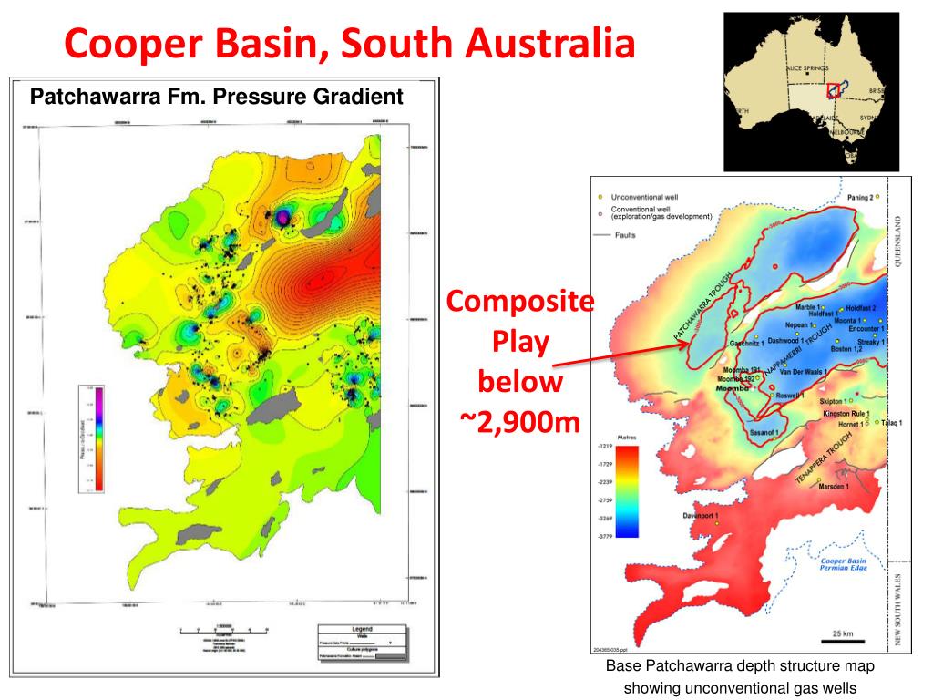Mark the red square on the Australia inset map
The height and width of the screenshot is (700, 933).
(x=833, y=90)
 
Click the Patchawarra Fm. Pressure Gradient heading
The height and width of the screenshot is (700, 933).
(x=217, y=96)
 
